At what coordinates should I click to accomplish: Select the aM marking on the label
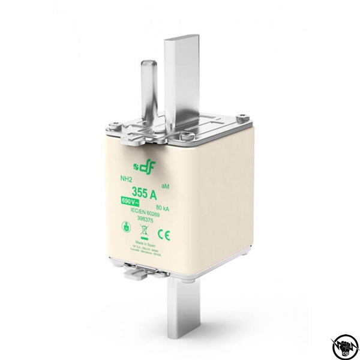(x=166, y=188)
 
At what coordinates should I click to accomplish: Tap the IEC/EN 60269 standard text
(x=144, y=214)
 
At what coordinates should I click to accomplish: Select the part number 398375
(x=144, y=220)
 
